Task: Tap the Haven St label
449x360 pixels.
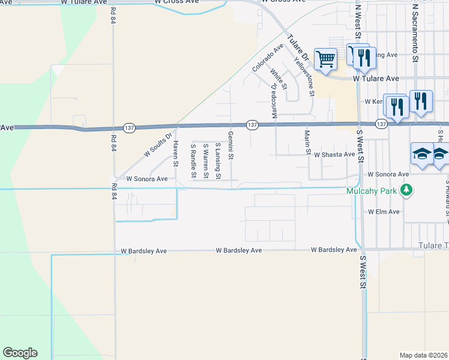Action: [x=176, y=154]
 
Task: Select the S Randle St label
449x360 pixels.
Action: [x=193, y=161]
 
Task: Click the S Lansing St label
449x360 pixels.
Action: [x=218, y=158]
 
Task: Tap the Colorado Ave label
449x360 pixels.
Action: [x=268, y=58]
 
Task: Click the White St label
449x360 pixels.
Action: [x=279, y=79]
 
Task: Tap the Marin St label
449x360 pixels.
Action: [x=307, y=142]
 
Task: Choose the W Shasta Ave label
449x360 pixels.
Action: [x=334, y=154]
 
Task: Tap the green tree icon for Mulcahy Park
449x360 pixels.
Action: [x=408, y=190]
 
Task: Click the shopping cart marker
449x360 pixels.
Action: [x=326, y=59]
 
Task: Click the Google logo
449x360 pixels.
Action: [x=20, y=353]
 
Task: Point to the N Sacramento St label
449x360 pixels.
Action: [x=414, y=34]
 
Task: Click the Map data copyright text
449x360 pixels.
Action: [x=424, y=355]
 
